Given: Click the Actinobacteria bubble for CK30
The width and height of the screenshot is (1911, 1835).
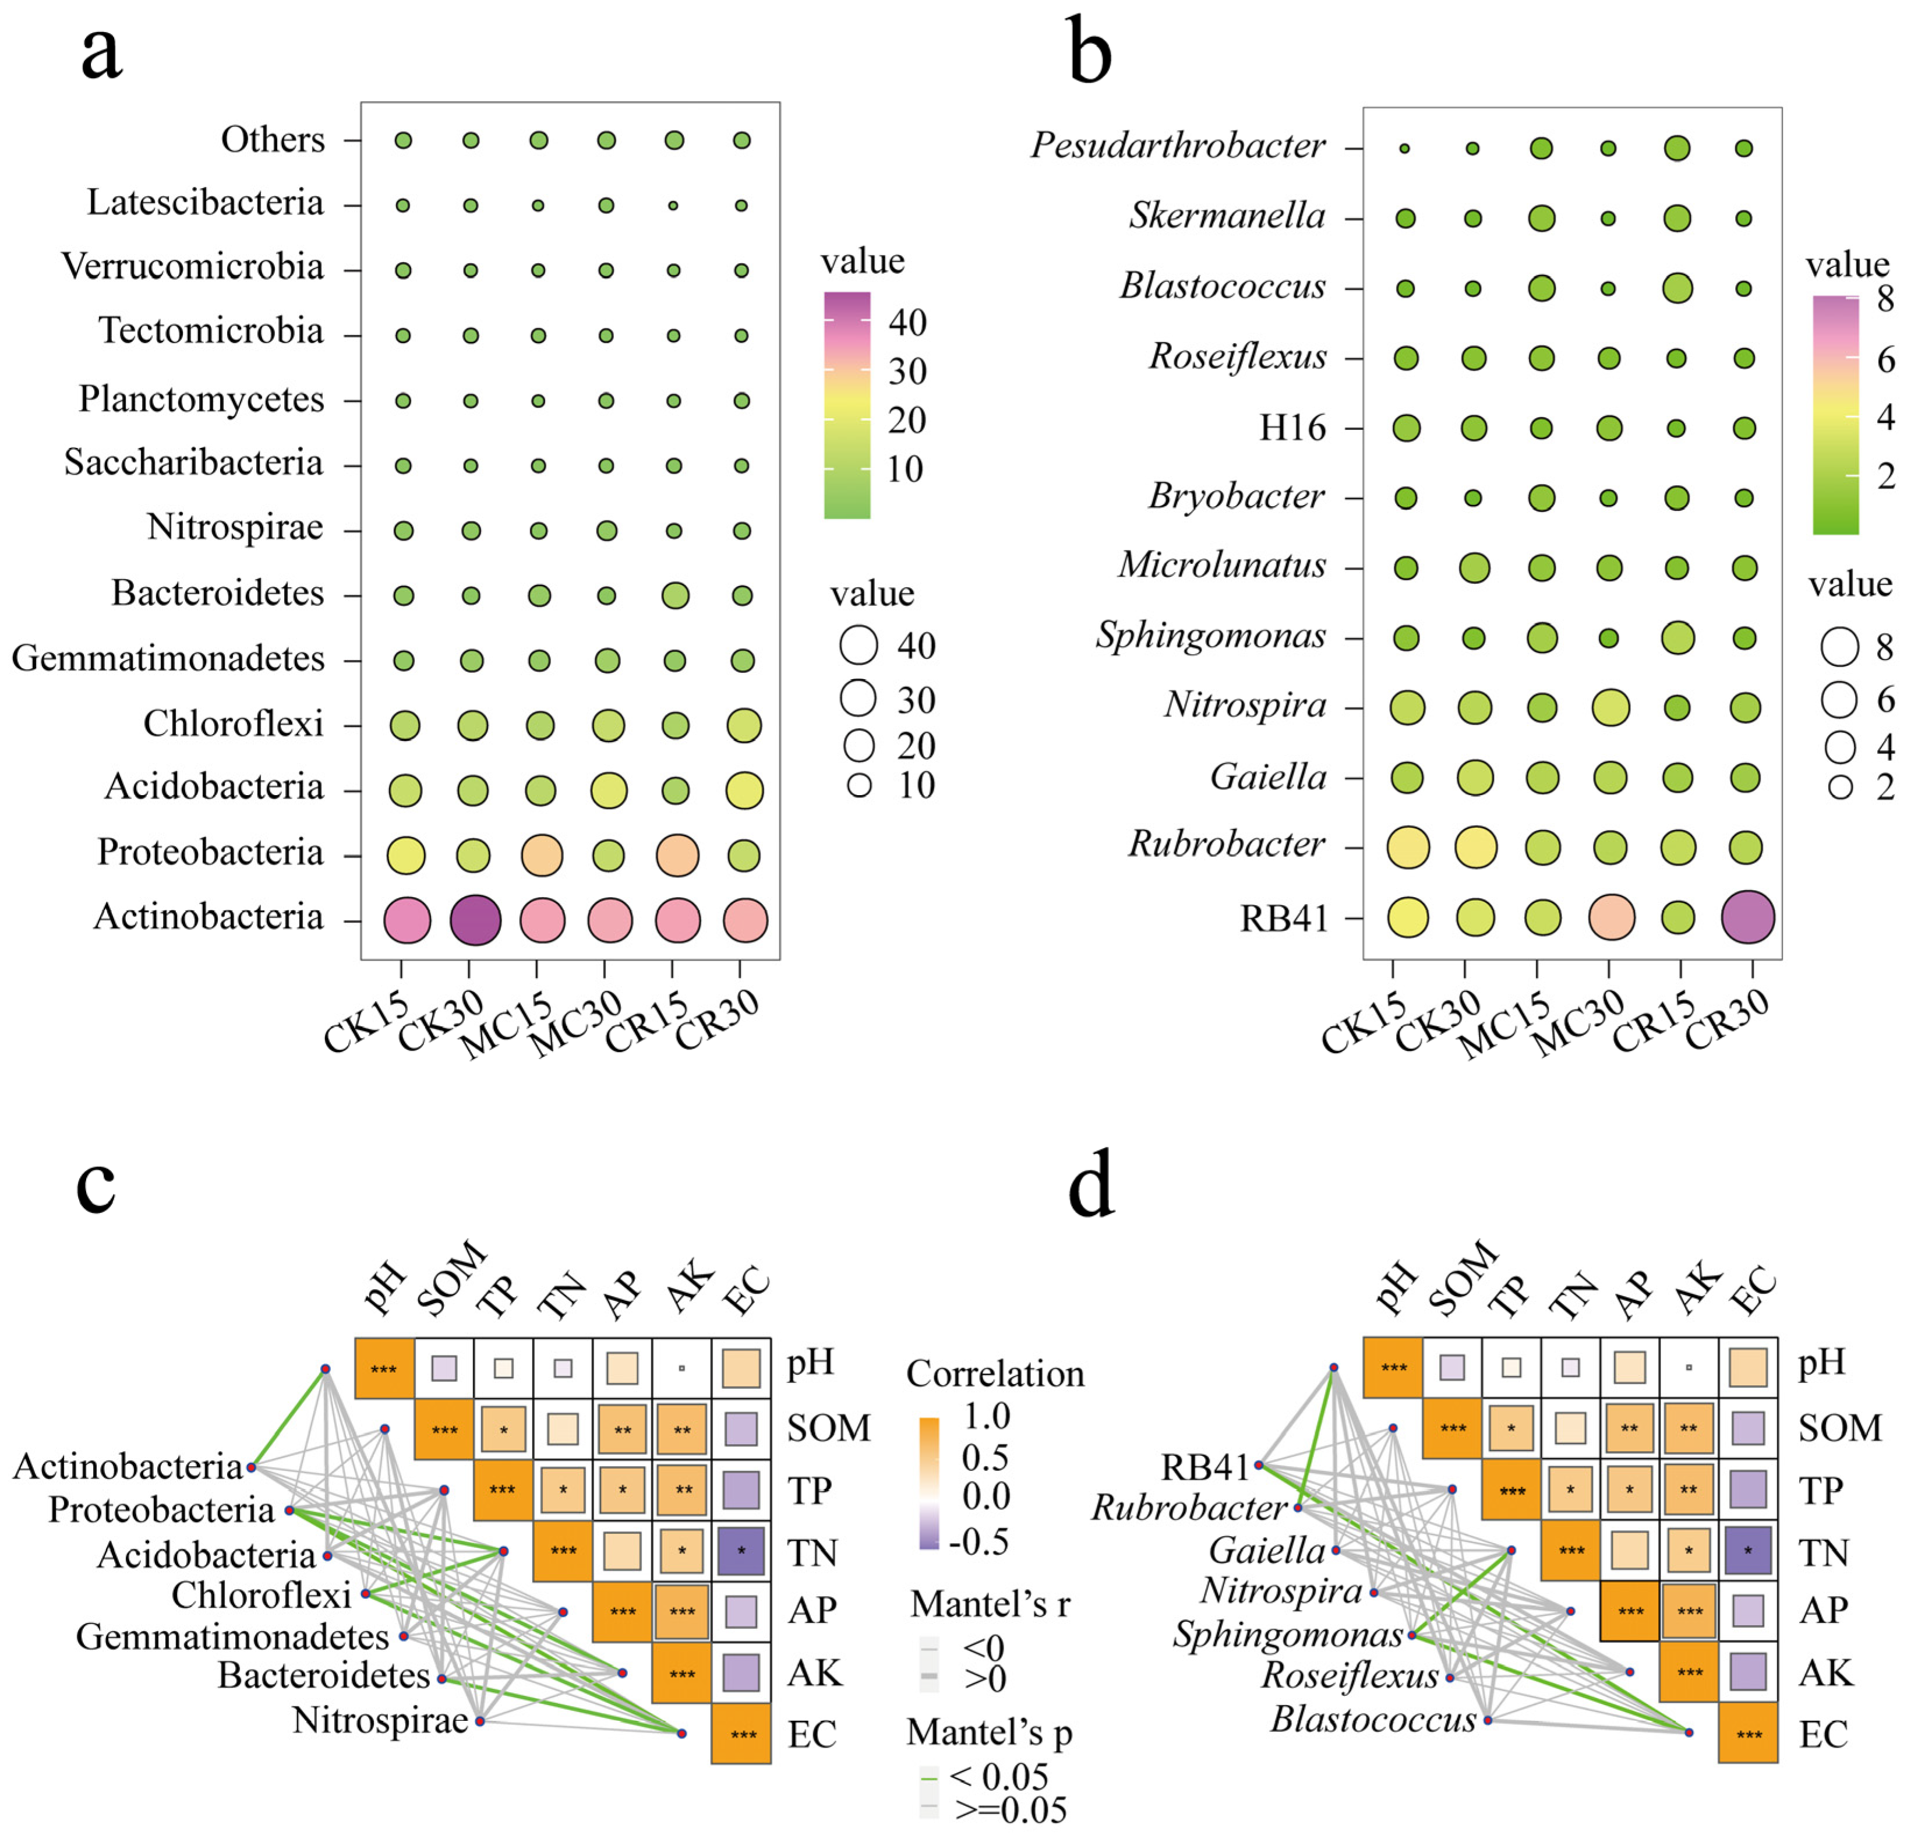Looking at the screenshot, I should coord(475,920).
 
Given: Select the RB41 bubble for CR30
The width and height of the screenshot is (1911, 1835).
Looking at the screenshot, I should coord(1747,918).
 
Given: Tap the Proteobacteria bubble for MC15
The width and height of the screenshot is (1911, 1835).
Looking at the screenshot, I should coord(542,855).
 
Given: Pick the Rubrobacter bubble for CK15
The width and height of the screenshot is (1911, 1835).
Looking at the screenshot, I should coord(1407,847).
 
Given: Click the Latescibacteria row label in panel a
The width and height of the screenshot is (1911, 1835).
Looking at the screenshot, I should coord(205,203).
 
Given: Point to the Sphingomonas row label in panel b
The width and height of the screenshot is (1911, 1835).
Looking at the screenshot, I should coord(1210,636).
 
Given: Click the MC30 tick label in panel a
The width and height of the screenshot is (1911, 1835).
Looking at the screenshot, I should coord(575,1024).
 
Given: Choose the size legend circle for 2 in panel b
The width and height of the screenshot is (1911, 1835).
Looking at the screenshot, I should coord(1840,787).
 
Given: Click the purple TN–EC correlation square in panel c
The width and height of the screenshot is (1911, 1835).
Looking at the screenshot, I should coord(741,1550).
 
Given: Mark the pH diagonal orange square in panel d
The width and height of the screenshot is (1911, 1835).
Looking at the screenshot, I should coord(1393,1367).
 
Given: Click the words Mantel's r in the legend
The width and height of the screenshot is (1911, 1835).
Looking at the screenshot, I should coord(990,1604).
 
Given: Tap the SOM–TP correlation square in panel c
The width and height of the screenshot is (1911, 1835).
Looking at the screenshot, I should coord(503,1430).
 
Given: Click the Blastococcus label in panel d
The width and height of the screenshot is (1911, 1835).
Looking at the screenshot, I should coord(1373,1719).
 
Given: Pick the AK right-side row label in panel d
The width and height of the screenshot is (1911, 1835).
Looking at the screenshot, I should coord(1825,1672).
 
